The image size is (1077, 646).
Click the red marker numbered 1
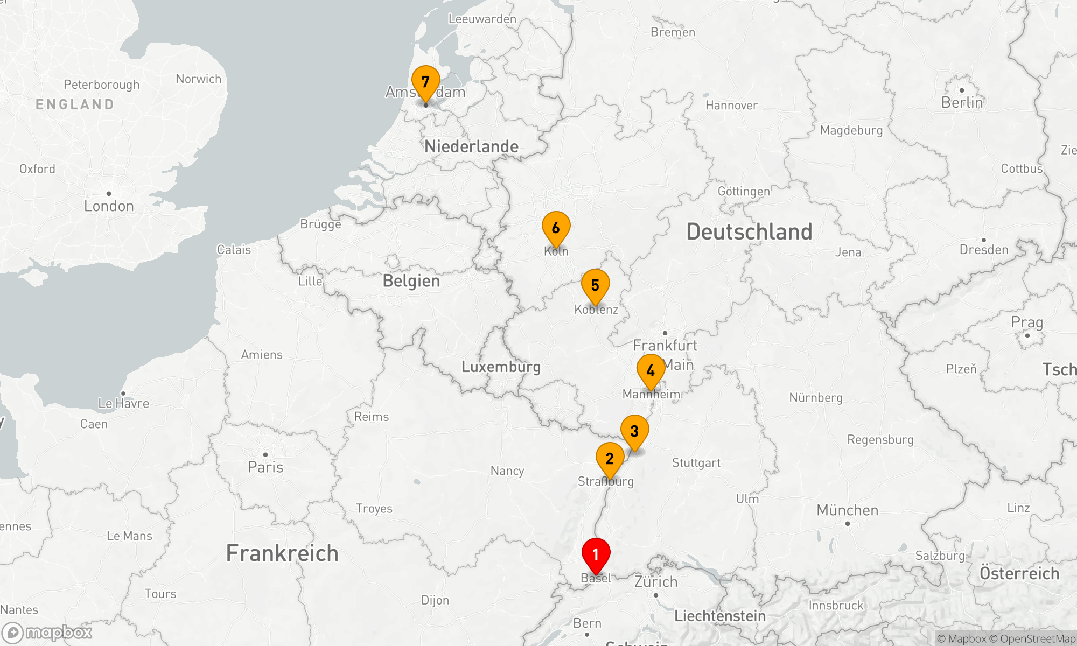[x=596, y=555]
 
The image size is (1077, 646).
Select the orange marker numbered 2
[x=610, y=459]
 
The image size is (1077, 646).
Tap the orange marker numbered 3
[x=634, y=432]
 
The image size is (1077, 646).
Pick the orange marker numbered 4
[x=651, y=371]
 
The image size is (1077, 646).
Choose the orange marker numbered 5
[x=595, y=286]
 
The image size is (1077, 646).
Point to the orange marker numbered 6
[x=556, y=228]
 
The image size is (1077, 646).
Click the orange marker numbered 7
[x=425, y=82]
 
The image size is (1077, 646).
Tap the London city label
[x=109, y=206]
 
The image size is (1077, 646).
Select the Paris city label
[x=265, y=467]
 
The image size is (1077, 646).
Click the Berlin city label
[x=962, y=103]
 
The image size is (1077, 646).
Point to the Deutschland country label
[x=749, y=232]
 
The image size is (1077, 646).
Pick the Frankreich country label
[x=282, y=553]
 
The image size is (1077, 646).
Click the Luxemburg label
[x=501, y=367]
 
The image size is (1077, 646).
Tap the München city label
[x=847, y=510]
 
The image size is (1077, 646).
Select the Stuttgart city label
[x=696, y=463]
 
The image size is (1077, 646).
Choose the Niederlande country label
[x=471, y=146]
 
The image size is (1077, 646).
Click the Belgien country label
[x=411, y=281]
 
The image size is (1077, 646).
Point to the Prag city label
[x=1027, y=323]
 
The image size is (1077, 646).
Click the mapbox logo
[x=47, y=633]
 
